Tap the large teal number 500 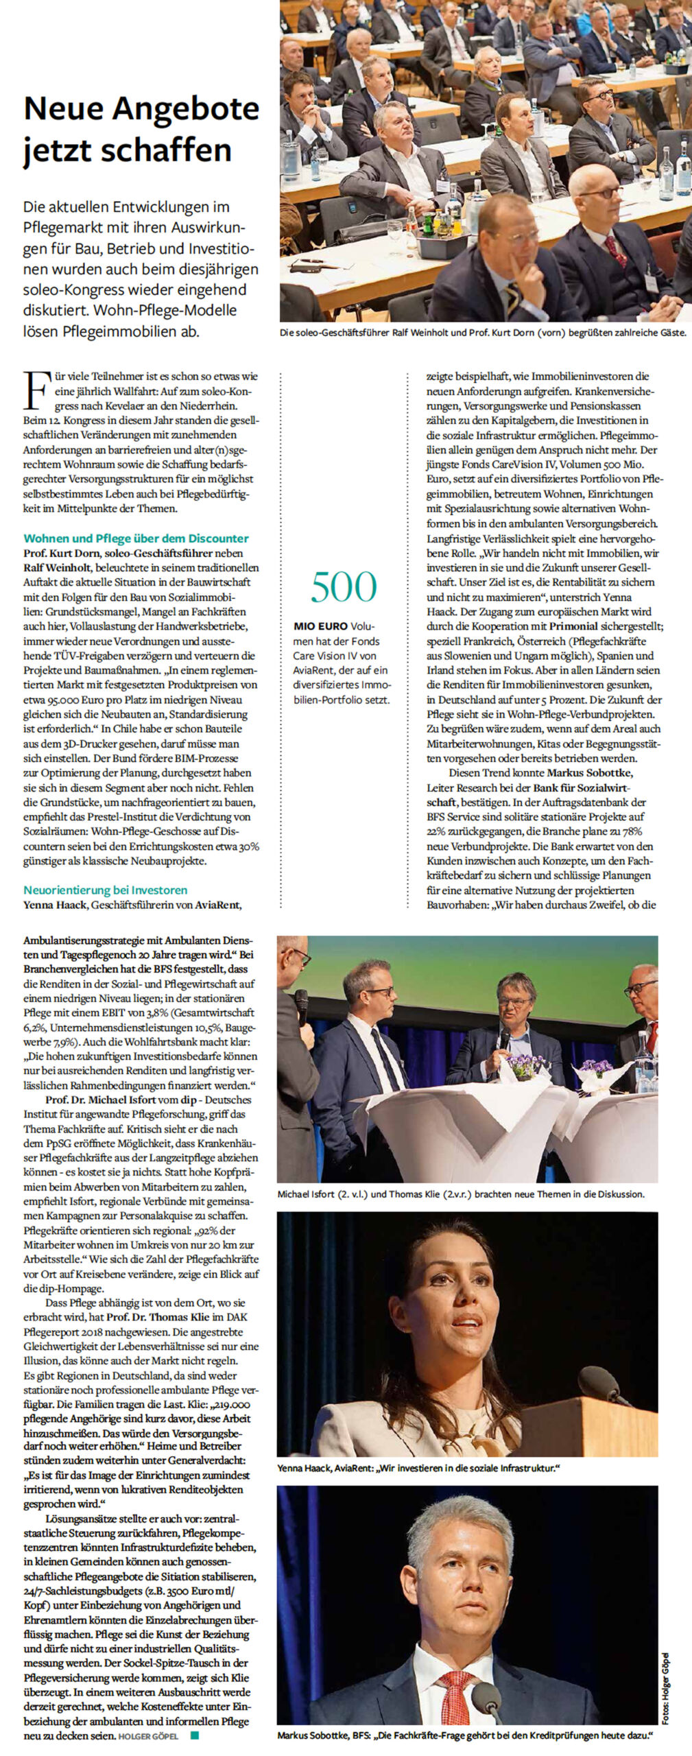[x=343, y=586]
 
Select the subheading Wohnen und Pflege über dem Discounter [x=136, y=538]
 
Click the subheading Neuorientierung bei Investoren [x=106, y=890]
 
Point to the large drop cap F [x=37, y=391]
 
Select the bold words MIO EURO [x=320, y=626]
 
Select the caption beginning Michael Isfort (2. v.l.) [x=461, y=1194]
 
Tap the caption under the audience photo [x=482, y=333]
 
